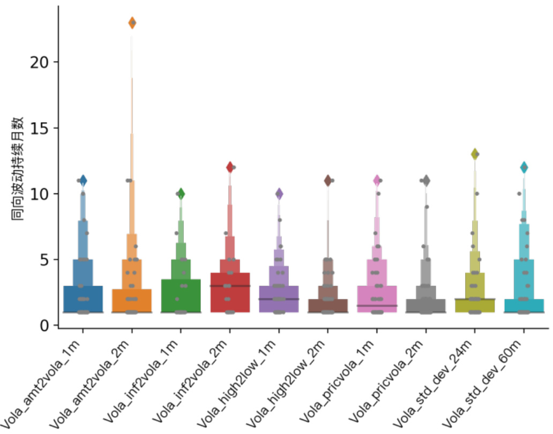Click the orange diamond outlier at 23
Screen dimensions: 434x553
click(x=132, y=23)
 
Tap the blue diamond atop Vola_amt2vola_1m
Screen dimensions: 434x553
click(x=83, y=181)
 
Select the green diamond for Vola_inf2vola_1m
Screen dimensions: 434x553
click(x=181, y=193)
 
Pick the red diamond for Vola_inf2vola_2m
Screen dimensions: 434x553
click(x=230, y=167)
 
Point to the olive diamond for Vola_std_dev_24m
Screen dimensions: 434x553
click(x=474, y=154)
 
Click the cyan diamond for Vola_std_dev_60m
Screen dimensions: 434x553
click(x=524, y=167)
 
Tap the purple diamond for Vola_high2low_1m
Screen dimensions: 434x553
click(x=279, y=193)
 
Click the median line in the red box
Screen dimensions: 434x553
click(x=230, y=286)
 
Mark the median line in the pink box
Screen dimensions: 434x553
click(x=377, y=305)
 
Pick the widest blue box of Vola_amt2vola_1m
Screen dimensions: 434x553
click(x=83, y=298)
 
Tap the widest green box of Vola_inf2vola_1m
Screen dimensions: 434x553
click(x=181, y=295)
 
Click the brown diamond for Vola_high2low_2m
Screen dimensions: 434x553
click(x=328, y=181)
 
